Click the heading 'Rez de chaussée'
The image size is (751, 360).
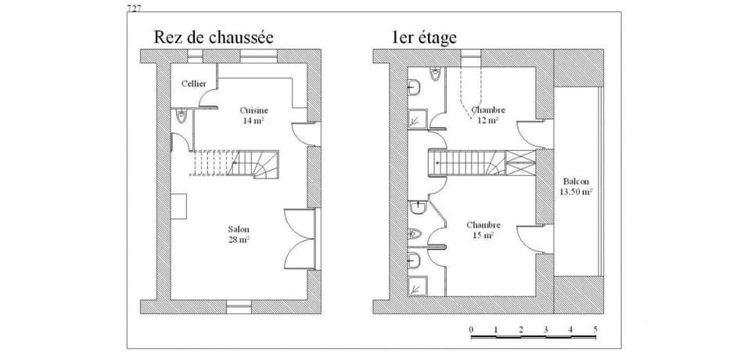(x=214, y=36)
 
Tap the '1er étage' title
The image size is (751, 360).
(x=426, y=36)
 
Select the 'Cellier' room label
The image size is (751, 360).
(x=193, y=83)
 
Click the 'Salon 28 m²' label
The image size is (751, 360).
(x=239, y=234)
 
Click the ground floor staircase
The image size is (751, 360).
(x=235, y=164)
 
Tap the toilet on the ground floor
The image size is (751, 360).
(x=181, y=117)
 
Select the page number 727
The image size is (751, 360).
(x=134, y=8)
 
